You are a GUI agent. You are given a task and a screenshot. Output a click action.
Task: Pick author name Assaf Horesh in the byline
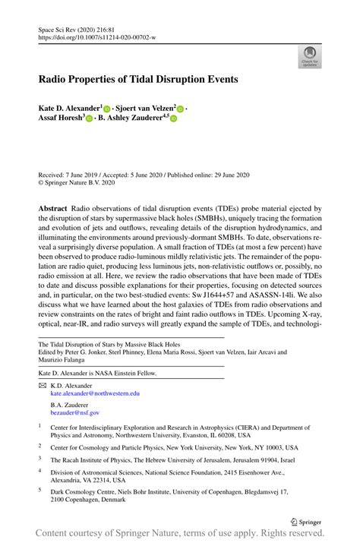pyautogui.click(x=61, y=118)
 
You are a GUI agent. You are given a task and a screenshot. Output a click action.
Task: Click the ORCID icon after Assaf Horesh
pyautogui.click(x=90, y=119)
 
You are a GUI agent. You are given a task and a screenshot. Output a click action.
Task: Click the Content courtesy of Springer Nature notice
pyautogui.click(x=180, y=536)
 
